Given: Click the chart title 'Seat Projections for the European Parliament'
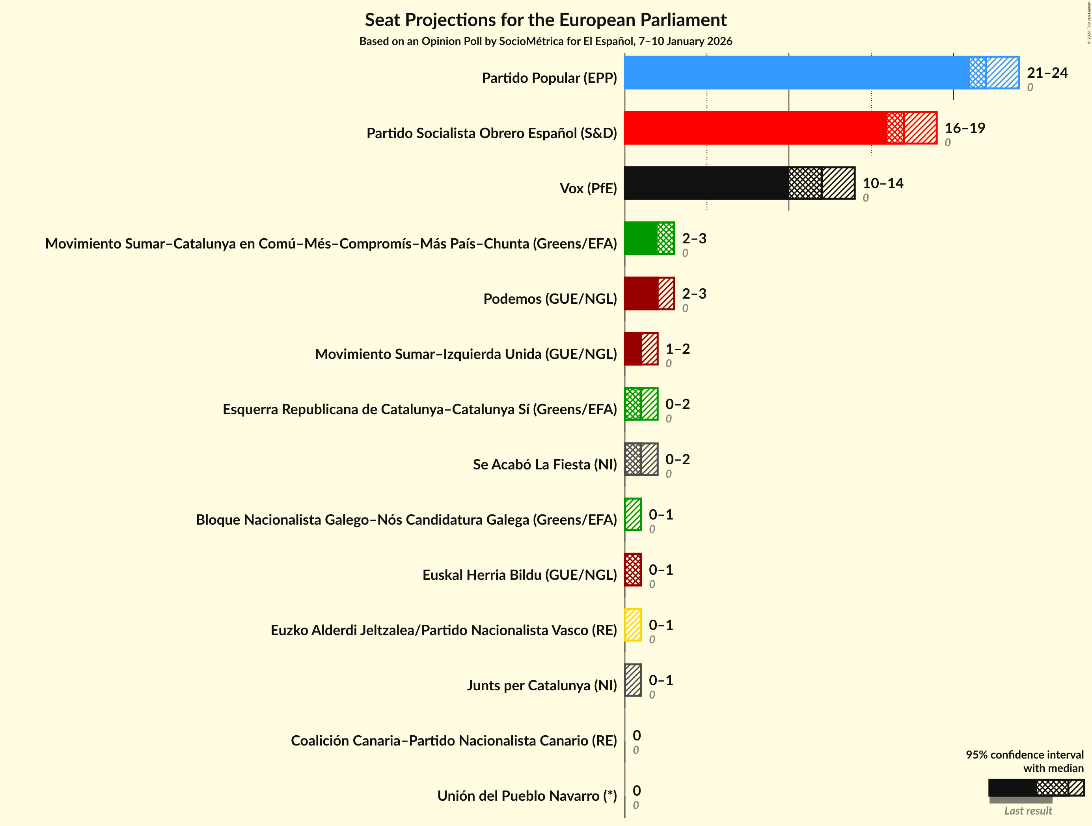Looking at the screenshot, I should tap(546, 20).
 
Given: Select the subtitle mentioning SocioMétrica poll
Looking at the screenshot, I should tap(546, 41).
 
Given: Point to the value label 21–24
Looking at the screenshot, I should tap(1047, 73).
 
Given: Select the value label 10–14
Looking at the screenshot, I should tap(883, 184).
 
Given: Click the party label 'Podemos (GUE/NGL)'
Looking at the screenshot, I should tap(550, 299).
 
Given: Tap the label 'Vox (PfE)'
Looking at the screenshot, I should tap(588, 189).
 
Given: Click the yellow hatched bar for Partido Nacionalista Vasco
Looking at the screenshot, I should tap(633, 625).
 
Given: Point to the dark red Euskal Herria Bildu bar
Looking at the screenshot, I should tap(633, 570).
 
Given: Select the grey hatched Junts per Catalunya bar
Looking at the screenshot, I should tap(633, 680).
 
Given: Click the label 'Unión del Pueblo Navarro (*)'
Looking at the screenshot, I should tap(527, 796).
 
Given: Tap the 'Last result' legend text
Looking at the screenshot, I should tap(1028, 811).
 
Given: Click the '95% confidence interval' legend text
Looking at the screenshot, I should tap(1024, 755).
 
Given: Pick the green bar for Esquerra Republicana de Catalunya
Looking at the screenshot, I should tap(641, 404).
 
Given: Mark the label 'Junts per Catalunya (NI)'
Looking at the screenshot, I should tap(542, 686).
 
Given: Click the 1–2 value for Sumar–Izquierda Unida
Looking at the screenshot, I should tap(677, 349).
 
